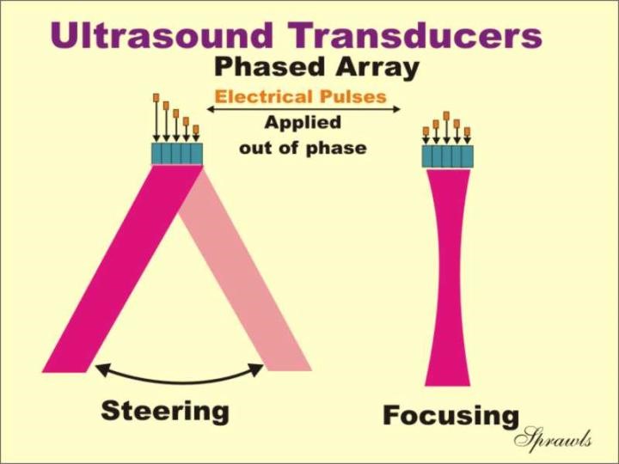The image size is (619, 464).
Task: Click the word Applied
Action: tap(303, 123)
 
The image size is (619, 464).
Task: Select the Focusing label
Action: tap(451, 417)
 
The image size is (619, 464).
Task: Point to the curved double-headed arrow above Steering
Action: tap(180, 382)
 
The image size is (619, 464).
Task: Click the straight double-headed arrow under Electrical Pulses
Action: tap(303, 109)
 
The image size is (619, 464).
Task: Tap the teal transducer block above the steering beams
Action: tap(177, 154)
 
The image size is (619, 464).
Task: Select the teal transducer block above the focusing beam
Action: tap(448, 156)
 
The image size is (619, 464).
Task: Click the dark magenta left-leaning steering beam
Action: tap(122, 268)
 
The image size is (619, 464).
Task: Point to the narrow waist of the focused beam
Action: tap(448, 276)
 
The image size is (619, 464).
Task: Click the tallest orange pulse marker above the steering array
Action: tap(156, 97)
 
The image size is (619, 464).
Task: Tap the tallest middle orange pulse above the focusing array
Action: tap(446, 115)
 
